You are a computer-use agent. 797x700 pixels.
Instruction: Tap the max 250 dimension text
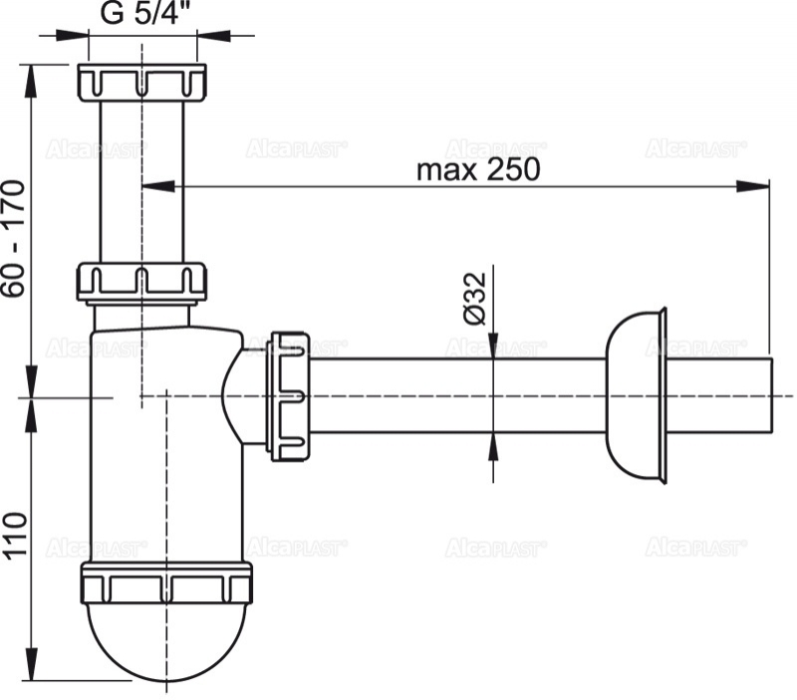tap(478, 169)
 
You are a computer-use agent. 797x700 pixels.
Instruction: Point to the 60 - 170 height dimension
tap(13, 239)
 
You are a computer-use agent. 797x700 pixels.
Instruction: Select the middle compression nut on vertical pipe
tap(141, 281)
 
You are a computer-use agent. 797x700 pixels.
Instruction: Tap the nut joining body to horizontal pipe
tap(288, 396)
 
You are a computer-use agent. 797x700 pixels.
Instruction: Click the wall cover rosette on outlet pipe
tap(638, 395)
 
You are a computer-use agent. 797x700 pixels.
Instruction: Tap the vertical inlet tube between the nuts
tap(141, 179)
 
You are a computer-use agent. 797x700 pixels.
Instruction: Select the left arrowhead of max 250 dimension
tap(155, 185)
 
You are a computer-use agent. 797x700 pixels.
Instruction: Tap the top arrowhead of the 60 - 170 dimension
tap(33, 76)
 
